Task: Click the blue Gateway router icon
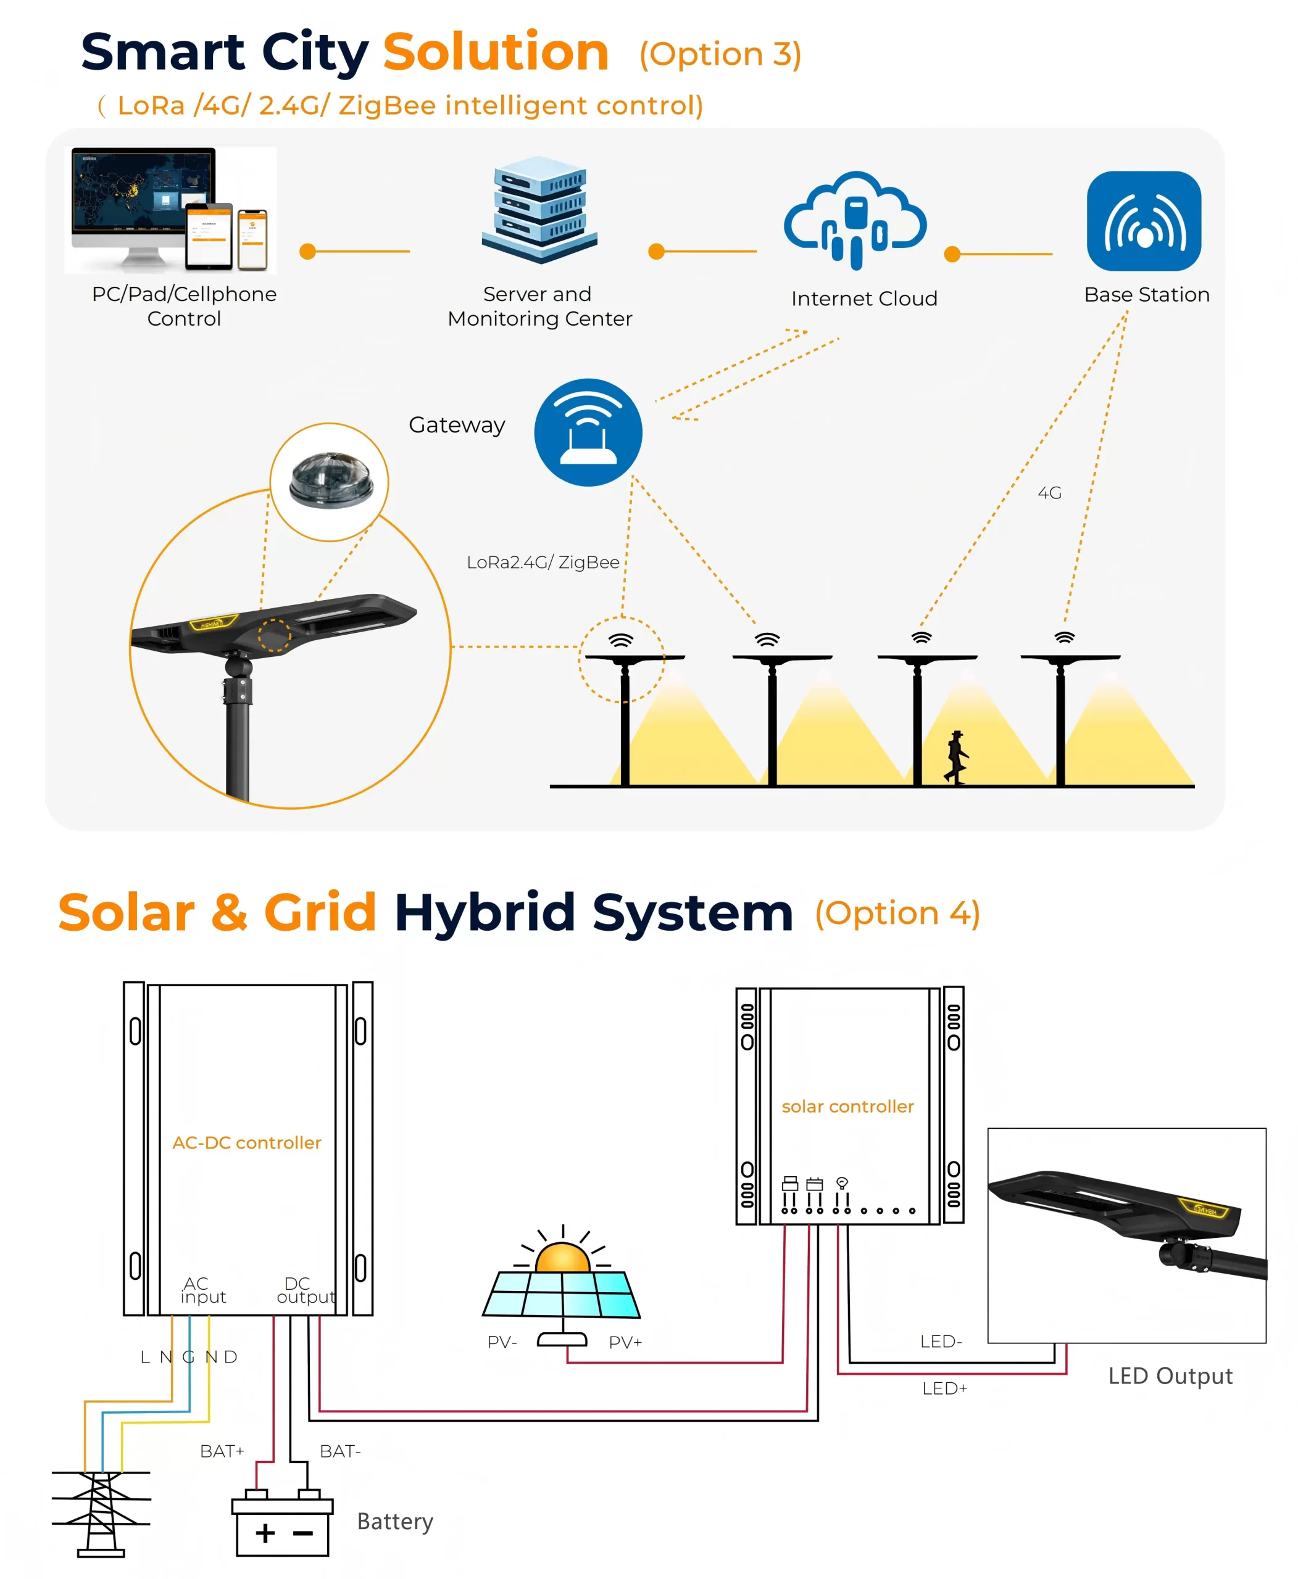[x=588, y=432]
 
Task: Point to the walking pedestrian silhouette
[x=956, y=757]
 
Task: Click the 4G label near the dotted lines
[x=1049, y=492]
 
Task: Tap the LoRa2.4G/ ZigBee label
[x=543, y=562]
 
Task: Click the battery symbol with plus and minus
[x=283, y=1522]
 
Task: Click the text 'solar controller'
[x=848, y=1106]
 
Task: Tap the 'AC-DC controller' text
[x=247, y=1142]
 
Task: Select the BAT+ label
[x=222, y=1451]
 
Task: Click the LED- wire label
[x=941, y=1342]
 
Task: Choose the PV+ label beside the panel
[x=625, y=1342]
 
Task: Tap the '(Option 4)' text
[x=897, y=913]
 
